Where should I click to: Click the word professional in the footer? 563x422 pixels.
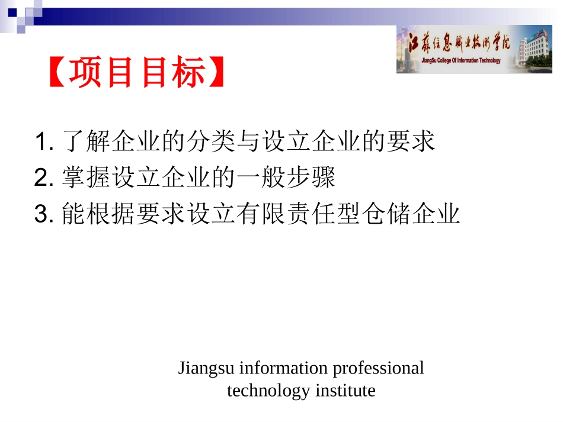coord(378,368)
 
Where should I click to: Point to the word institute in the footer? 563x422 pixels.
coord(346,391)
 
